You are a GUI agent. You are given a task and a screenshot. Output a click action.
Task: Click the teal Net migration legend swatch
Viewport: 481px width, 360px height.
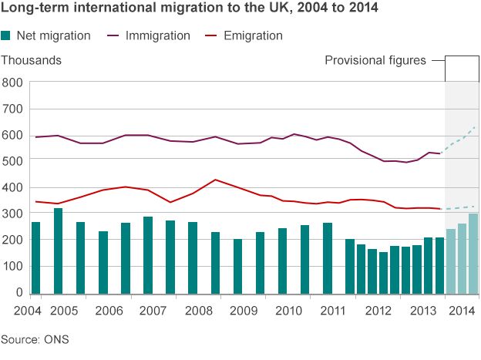click(x=7, y=35)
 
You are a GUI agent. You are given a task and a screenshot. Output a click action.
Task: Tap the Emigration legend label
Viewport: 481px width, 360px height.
click(x=253, y=35)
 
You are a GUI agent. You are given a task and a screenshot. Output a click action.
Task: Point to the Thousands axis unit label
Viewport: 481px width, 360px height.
click(x=32, y=59)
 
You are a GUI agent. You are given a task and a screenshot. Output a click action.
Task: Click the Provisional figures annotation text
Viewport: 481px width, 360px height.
click(x=375, y=60)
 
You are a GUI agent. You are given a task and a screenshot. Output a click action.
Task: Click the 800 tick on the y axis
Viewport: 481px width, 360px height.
click(x=12, y=82)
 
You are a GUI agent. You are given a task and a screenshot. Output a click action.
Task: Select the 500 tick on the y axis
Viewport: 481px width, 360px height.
click(x=12, y=160)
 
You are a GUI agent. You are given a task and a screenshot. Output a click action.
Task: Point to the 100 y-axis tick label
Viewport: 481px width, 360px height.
click(x=12, y=266)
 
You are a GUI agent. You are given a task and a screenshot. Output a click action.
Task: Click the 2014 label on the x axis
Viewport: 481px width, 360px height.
click(x=461, y=311)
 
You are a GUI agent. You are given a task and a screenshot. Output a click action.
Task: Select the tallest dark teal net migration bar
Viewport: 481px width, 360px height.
click(x=58, y=251)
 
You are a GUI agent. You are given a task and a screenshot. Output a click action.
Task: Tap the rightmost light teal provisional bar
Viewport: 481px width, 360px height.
click(x=473, y=254)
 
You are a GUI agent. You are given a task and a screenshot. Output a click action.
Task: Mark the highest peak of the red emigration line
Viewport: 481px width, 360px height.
click(x=216, y=180)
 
